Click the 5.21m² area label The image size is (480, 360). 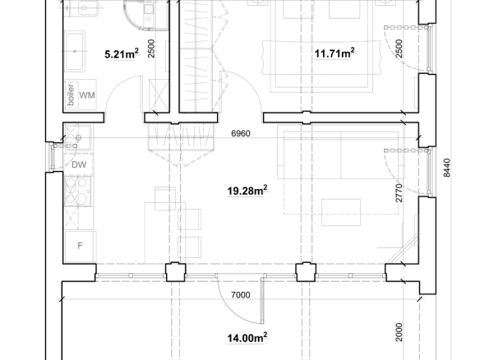point(122,53)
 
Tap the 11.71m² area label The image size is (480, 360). point(335,53)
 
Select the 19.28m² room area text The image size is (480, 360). point(247,191)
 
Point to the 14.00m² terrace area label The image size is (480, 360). point(247,338)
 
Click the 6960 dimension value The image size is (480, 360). point(241,133)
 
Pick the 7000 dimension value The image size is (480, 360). point(241,295)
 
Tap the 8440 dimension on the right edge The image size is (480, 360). point(446,168)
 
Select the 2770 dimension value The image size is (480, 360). point(399,193)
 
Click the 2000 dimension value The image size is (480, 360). point(399,332)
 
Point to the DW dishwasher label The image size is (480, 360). point(79,165)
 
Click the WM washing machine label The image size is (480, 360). point(87,95)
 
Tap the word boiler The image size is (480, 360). point(71,95)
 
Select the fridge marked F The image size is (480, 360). point(81,246)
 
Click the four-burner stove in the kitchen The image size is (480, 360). point(77,191)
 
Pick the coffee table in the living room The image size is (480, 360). point(341,212)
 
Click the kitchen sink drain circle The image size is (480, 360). point(78,138)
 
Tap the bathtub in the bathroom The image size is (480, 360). point(75,51)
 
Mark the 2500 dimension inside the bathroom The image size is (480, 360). point(151,48)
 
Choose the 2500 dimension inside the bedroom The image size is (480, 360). point(399,48)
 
